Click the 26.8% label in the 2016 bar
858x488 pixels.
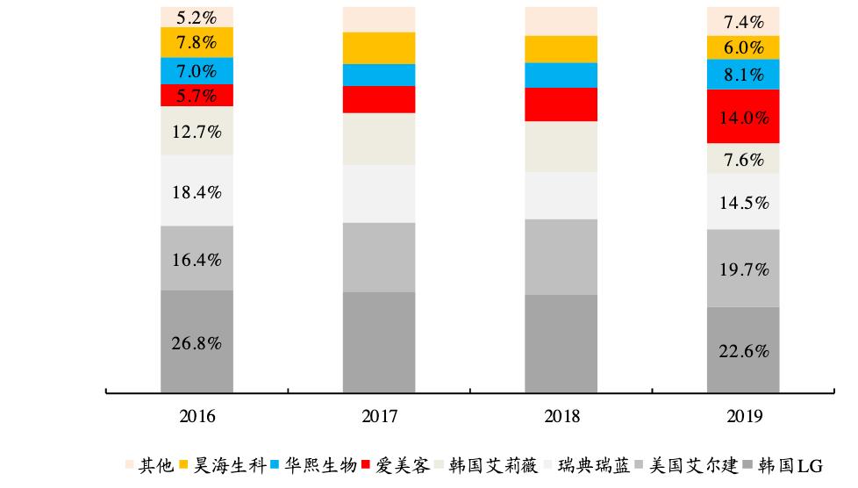click(197, 343)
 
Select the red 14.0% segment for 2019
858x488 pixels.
click(743, 117)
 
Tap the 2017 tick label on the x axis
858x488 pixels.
click(379, 415)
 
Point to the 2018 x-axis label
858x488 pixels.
click(561, 415)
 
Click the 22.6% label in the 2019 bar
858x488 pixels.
click(743, 351)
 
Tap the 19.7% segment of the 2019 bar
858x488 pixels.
click(743, 268)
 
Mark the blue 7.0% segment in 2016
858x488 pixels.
click(197, 71)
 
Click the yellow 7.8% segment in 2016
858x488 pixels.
click(197, 42)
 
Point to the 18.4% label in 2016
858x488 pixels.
click(197, 190)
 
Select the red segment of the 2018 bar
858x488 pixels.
click(561, 104)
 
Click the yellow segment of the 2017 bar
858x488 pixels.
click(379, 48)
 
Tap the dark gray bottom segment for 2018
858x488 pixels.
click(561, 343)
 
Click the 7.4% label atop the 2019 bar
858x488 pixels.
click(743, 21)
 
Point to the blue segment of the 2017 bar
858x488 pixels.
click(379, 75)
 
